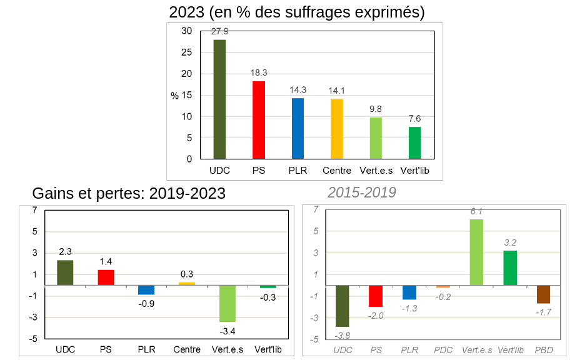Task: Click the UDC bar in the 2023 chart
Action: (219, 99)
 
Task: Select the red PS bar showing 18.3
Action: (258, 120)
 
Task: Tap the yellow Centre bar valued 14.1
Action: (336, 129)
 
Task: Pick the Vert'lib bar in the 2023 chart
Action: (414, 143)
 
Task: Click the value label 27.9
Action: (220, 31)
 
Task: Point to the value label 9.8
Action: (375, 109)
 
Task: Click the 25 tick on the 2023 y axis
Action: (187, 52)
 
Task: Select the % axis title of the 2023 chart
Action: (174, 96)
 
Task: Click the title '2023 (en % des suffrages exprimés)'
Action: (297, 12)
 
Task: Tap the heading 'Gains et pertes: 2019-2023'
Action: (129, 193)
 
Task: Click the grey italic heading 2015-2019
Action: (362, 192)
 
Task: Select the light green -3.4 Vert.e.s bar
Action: (227, 303)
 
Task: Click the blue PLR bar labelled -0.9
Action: (146, 290)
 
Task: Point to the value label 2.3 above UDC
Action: (65, 251)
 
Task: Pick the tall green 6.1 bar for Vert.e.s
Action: (476, 252)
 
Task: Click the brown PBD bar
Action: (543, 294)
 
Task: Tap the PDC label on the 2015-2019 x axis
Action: (443, 351)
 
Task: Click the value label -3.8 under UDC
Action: (342, 335)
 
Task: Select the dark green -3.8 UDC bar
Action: (342, 306)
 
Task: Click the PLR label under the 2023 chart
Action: (298, 170)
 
